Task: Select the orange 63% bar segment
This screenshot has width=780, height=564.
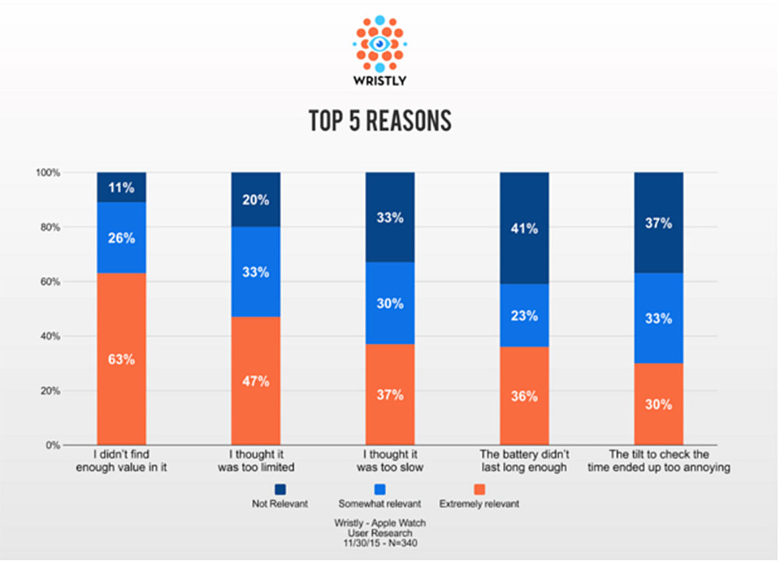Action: [122, 359]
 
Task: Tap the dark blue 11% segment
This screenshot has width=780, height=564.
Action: [122, 187]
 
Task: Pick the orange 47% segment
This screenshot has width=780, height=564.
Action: [256, 381]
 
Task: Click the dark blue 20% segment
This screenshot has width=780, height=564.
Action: [256, 200]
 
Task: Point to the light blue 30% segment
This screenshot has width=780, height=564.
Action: [390, 303]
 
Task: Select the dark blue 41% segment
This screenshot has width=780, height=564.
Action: [524, 229]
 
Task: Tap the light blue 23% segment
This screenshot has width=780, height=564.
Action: [524, 315]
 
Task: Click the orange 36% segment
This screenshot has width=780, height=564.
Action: [524, 396]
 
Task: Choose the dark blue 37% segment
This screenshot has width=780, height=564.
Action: [658, 223]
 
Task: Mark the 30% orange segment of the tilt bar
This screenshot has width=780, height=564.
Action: [658, 404]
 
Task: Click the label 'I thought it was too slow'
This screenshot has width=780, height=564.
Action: [390, 462]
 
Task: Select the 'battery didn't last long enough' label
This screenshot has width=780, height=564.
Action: [524, 462]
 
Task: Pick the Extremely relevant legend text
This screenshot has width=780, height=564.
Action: [479, 504]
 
